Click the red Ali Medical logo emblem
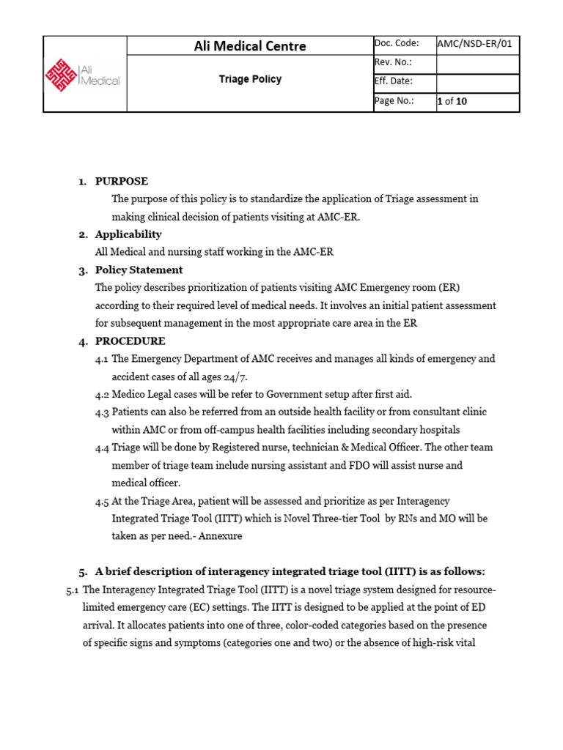click(x=61, y=73)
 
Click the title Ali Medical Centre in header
click(x=249, y=45)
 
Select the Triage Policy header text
click(x=249, y=79)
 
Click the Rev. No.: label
click(x=393, y=63)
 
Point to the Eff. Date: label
click(x=394, y=82)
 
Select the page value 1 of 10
click(x=452, y=101)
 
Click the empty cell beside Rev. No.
click(x=477, y=64)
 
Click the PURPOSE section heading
click(x=122, y=181)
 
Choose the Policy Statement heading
click(x=139, y=270)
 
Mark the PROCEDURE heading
click(x=130, y=341)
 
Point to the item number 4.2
click(x=102, y=394)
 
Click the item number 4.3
click(x=102, y=412)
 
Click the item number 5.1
click(x=73, y=590)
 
